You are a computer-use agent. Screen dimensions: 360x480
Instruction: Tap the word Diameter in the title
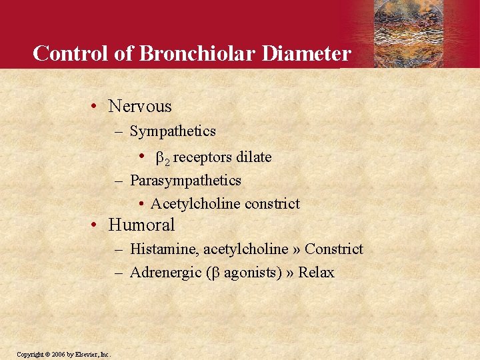click(306, 53)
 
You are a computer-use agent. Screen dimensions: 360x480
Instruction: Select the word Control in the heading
click(72, 53)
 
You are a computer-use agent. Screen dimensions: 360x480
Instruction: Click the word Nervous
click(140, 106)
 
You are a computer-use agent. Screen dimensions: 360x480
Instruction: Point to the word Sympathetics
click(173, 131)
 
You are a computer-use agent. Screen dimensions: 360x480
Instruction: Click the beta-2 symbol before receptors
click(162, 158)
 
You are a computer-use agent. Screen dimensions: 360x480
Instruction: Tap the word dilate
click(253, 157)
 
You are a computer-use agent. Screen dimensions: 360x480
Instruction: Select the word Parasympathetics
click(185, 180)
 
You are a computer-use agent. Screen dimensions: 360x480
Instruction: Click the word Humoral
click(141, 225)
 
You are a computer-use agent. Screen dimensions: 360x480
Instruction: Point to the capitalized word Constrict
click(334, 249)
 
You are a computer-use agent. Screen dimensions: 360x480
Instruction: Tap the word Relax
click(316, 272)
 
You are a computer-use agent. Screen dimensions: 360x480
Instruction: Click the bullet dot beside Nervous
click(95, 107)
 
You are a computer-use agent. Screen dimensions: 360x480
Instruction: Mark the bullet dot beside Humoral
click(95, 225)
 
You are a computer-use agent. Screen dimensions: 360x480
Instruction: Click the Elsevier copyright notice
click(63, 354)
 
